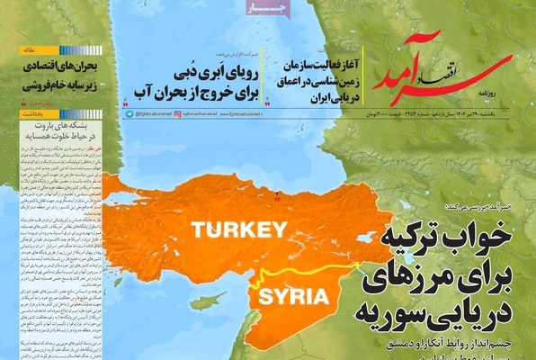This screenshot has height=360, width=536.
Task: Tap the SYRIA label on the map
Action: pyautogui.click(x=286, y=297)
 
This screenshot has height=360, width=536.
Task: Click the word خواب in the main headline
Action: pyautogui.click(x=495, y=237)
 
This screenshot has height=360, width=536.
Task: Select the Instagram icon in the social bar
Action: pyautogui.click(x=177, y=115)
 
